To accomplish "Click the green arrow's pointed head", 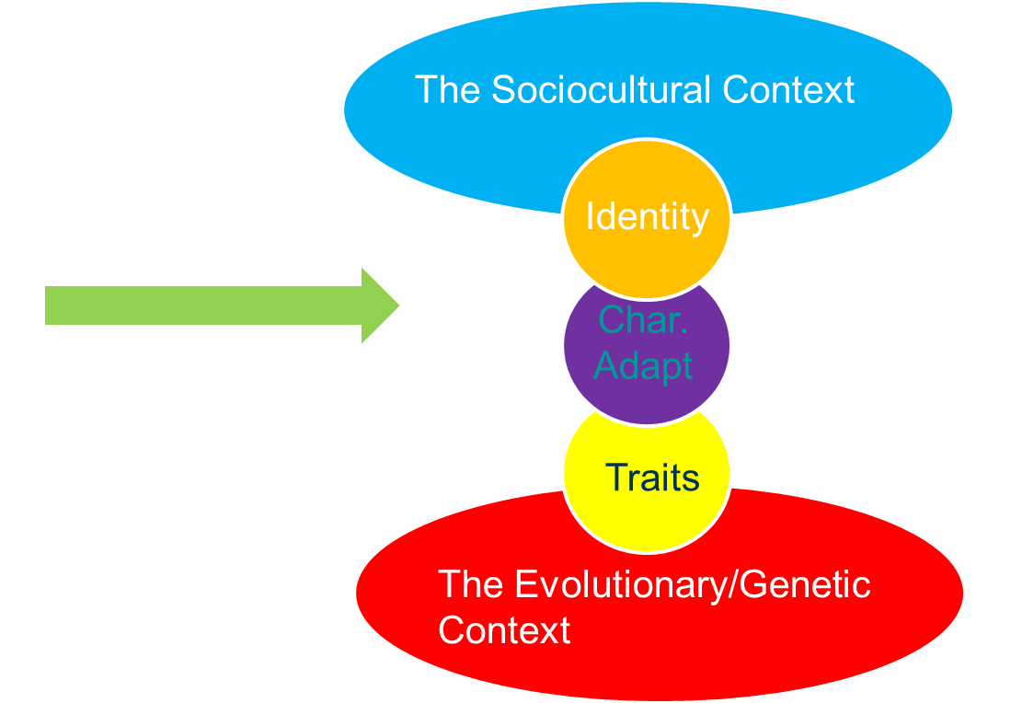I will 381,305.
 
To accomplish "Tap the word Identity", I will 647,217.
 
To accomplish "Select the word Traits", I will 652,478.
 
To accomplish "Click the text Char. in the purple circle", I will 644,320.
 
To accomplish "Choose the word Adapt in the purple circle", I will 643,365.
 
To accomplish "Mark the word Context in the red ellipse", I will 504,630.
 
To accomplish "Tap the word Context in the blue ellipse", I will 788,90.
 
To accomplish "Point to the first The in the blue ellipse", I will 448,90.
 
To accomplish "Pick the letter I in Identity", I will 590,217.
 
